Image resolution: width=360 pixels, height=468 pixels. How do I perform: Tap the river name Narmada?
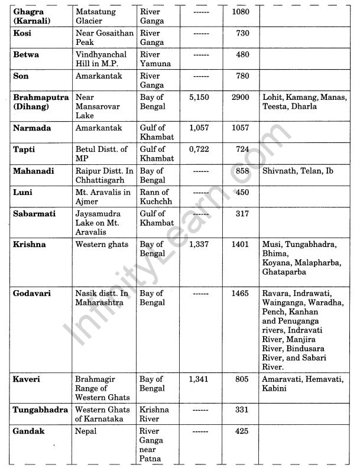31,128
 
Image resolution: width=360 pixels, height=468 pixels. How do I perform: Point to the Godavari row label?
33,294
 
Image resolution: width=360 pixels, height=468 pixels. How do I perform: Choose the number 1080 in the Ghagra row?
239,11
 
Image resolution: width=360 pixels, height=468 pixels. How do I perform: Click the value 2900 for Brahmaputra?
239,97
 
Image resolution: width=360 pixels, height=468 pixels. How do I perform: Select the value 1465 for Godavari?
239,294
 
